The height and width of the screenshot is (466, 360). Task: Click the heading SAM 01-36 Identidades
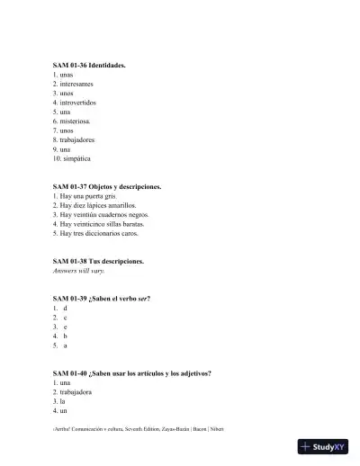[x=89, y=66]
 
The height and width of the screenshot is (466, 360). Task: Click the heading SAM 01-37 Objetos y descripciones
[x=107, y=186]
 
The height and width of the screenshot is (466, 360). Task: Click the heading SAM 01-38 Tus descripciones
[x=98, y=261]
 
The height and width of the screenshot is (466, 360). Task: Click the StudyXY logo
[x=325, y=446]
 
